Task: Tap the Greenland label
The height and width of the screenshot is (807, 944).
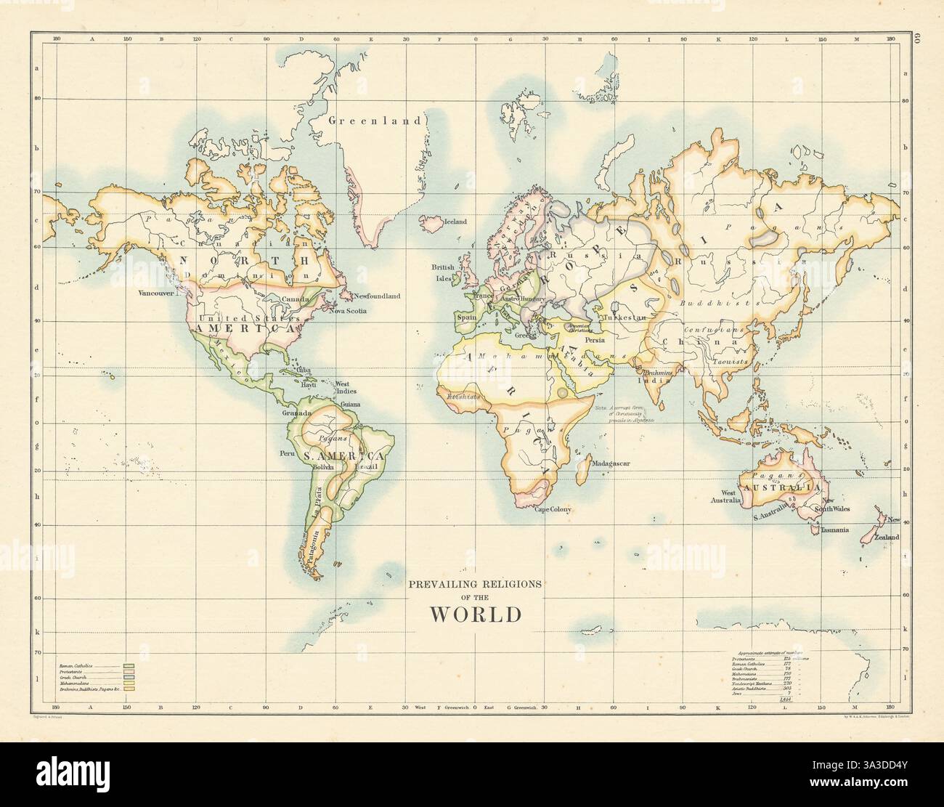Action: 374,121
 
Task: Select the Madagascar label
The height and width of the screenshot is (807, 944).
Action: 609,463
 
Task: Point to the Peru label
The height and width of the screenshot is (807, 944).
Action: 285,453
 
